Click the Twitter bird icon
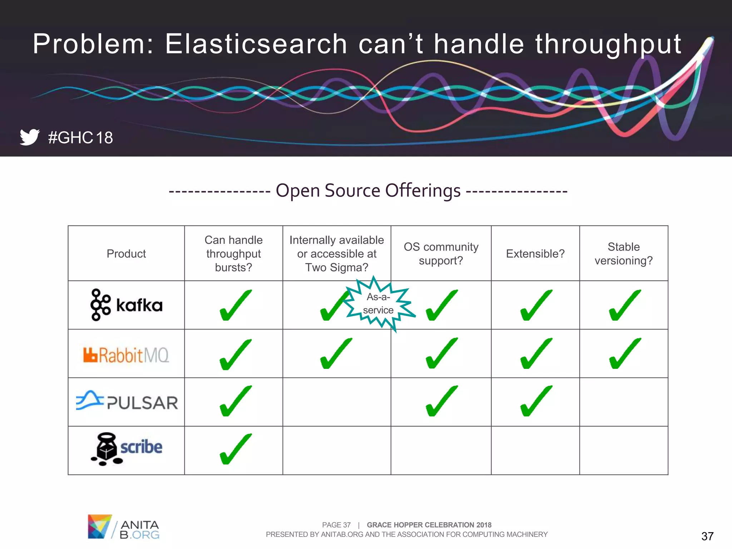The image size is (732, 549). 29,137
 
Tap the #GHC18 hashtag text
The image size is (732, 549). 80,138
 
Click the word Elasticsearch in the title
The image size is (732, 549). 256,44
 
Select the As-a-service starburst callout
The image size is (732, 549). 379,304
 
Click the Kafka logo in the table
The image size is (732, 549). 126,305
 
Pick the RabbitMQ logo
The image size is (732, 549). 126,355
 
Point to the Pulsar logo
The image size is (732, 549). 127,402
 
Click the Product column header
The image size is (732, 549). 126,254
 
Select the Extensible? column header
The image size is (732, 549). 535,254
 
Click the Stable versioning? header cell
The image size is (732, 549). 623,254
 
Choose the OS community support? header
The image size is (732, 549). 441,254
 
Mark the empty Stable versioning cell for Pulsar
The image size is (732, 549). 623,402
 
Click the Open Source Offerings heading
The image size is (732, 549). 368,191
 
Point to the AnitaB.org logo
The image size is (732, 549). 123,527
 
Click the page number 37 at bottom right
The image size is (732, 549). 707,536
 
